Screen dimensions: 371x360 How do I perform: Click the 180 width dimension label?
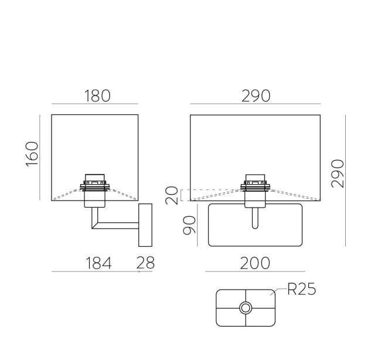click(x=97, y=96)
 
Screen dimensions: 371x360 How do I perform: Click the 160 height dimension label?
click(x=32, y=154)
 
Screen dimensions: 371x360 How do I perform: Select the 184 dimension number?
click(x=98, y=263)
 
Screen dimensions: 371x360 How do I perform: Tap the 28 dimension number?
click(x=145, y=263)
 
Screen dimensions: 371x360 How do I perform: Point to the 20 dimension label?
click(x=172, y=195)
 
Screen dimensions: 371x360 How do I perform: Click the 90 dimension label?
click(x=189, y=225)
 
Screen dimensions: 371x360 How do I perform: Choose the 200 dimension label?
click(x=255, y=263)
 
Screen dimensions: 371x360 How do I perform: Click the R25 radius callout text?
click(x=302, y=289)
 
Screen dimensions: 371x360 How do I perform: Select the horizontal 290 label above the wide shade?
click(x=256, y=96)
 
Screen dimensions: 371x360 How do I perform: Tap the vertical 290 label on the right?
click(x=338, y=174)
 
